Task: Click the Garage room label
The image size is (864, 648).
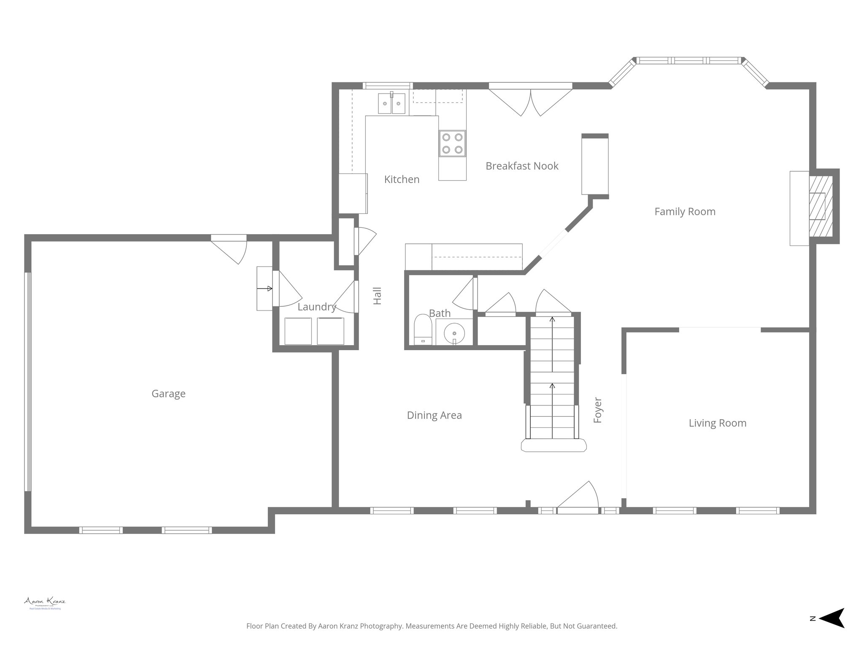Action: [168, 394]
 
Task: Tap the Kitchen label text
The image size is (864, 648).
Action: [402, 179]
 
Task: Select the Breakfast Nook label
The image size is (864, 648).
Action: [522, 166]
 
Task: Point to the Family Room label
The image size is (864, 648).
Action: [685, 211]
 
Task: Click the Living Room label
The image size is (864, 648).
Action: [717, 423]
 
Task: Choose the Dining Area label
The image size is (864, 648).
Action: [434, 415]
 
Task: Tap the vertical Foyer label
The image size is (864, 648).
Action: [597, 410]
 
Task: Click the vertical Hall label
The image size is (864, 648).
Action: [378, 296]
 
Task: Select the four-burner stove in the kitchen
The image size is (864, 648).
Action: [452, 143]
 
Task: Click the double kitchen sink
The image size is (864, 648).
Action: [391, 103]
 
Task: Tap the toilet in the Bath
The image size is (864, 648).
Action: [422, 329]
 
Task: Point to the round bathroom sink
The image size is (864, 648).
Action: [454, 333]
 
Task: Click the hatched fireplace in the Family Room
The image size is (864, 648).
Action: [821, 206]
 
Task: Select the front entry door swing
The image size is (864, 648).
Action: [580, 498]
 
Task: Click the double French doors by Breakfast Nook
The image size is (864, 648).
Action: [530, 100]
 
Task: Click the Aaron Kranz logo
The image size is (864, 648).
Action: [45, 602]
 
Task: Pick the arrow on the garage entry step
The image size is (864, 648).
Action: [265, 289]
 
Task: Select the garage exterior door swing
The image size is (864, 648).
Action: [232, 250]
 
